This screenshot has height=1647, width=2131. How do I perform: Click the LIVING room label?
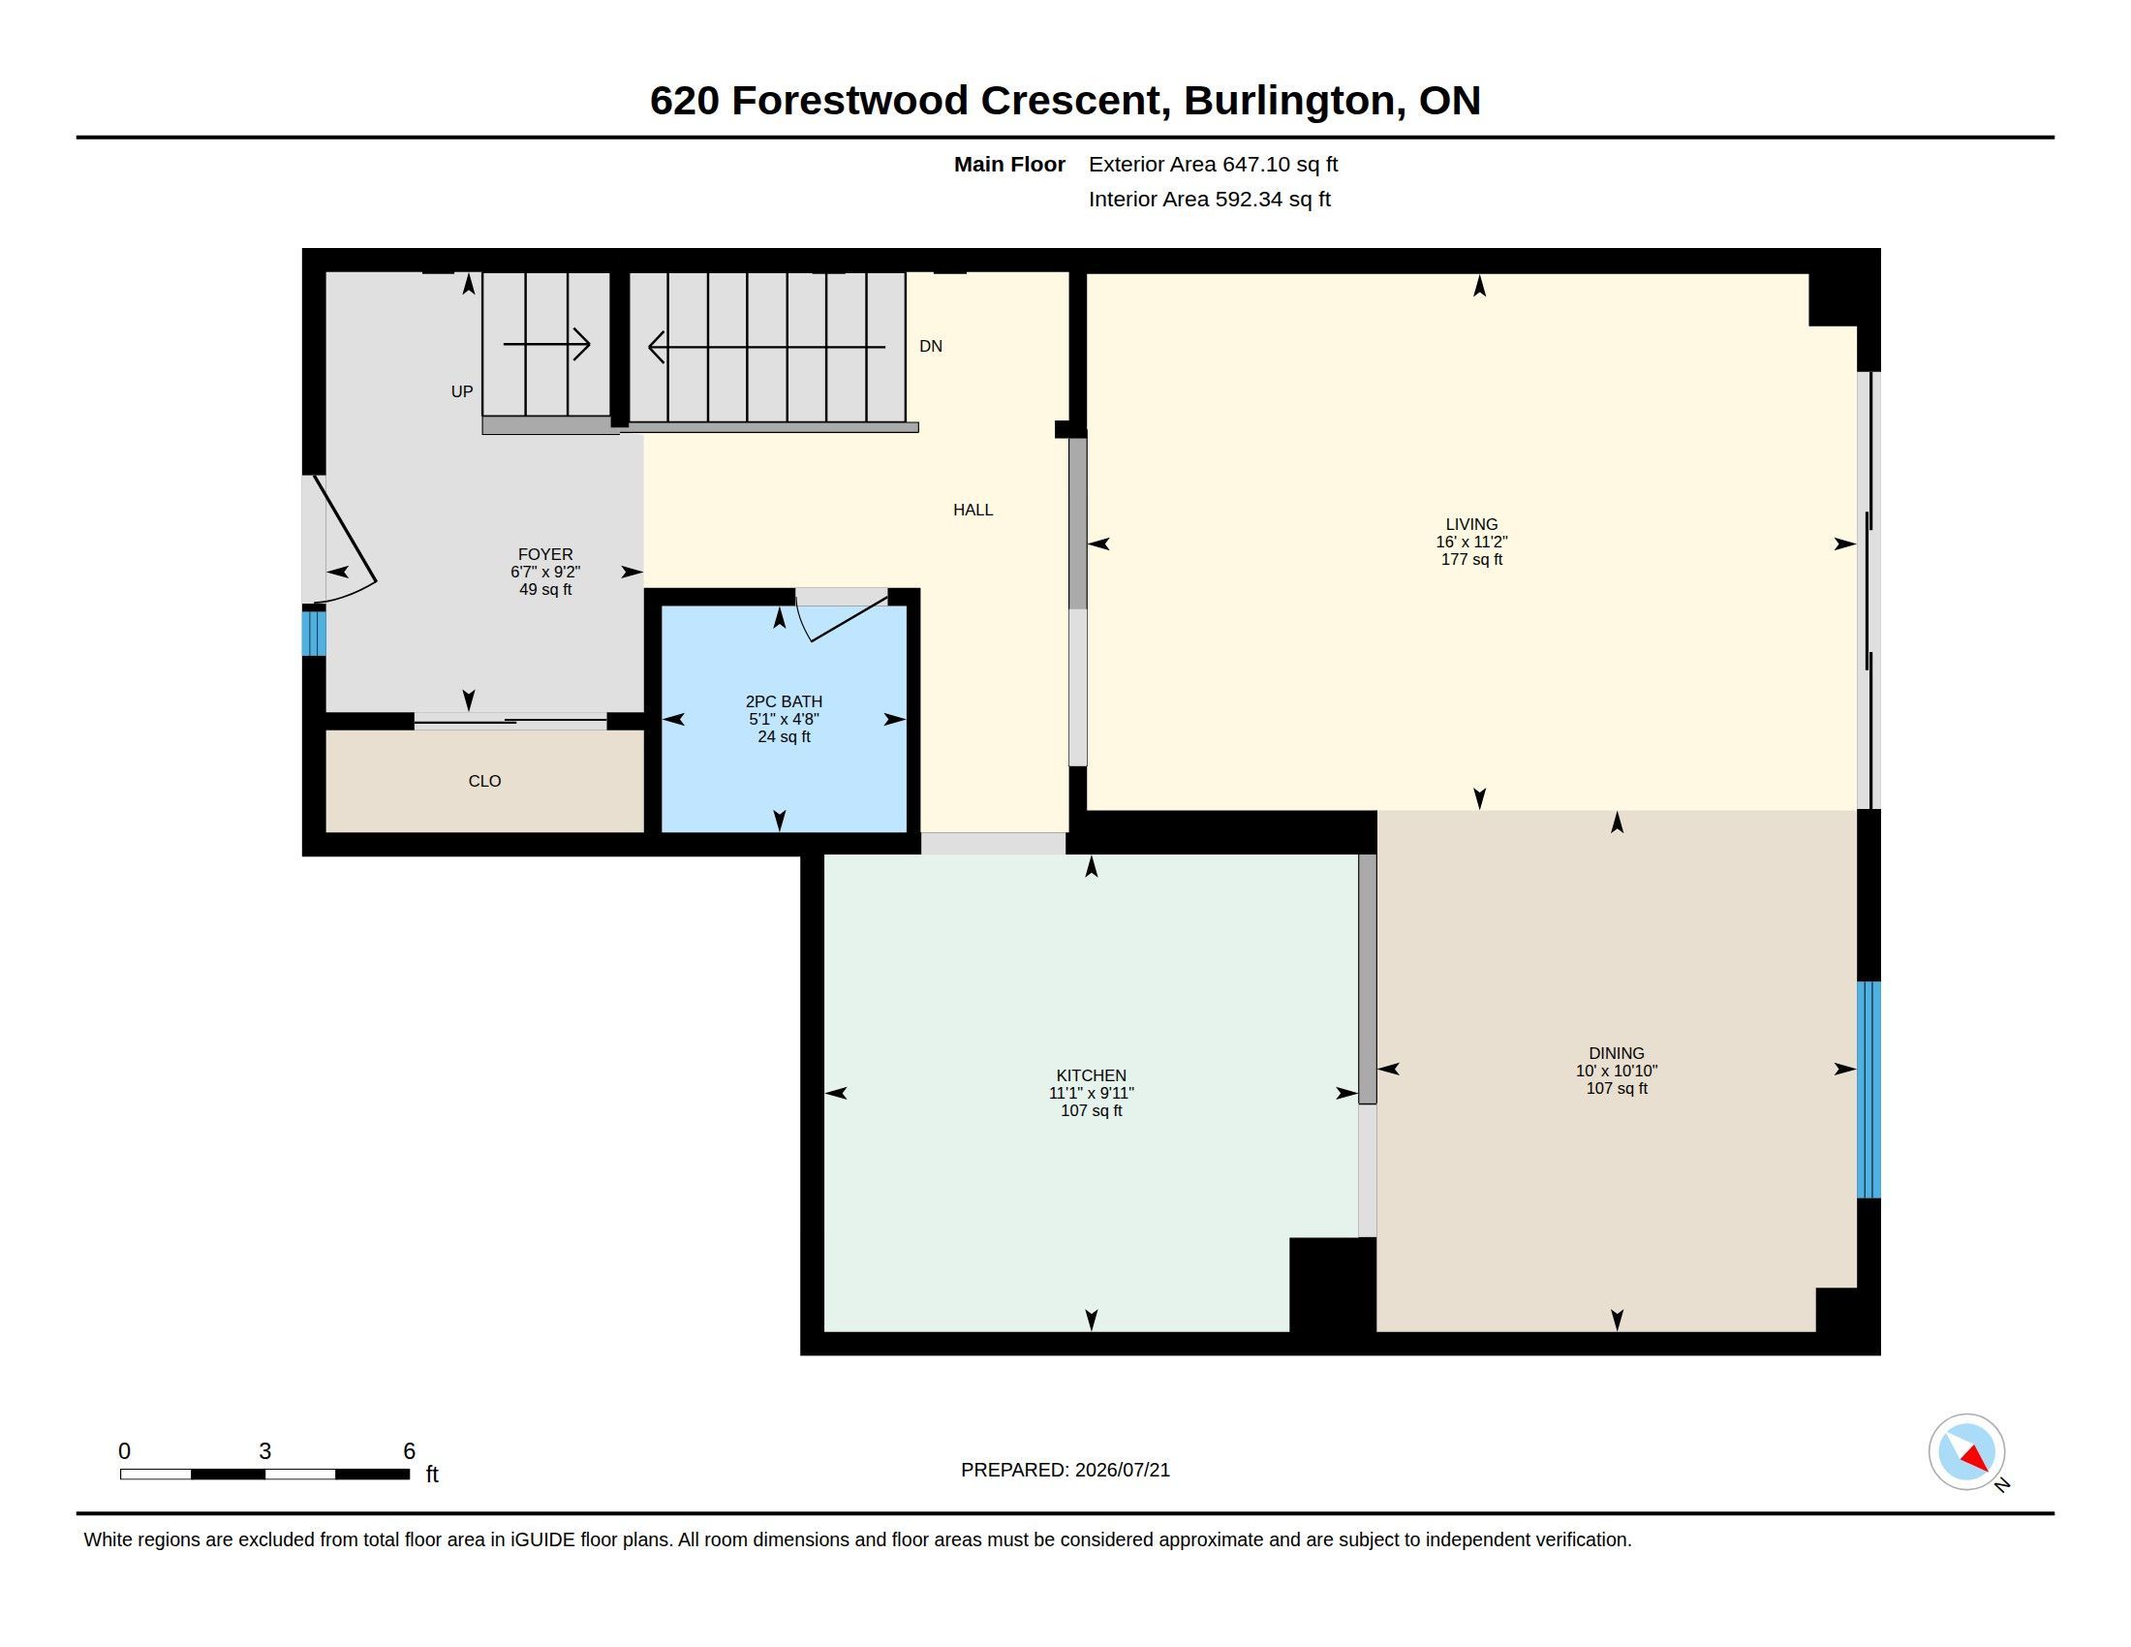coord(1471,524)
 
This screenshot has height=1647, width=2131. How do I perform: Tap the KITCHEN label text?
coord(1091,1075)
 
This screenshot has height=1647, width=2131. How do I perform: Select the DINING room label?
coord(1617,1053)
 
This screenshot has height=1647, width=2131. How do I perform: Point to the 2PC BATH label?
coord(784,701)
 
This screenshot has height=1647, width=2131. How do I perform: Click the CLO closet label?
coord(485,781)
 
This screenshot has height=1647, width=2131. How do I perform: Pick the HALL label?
coord(973,510)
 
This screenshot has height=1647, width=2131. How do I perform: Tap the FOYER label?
coord(545,554)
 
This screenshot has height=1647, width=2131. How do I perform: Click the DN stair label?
coord(931,347)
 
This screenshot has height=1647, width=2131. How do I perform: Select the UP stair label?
coord(461,391)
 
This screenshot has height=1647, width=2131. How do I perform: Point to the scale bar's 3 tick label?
coord(264,1451)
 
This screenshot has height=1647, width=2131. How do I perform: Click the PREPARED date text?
coord(1065,1470)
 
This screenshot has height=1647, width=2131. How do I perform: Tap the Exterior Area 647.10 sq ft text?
coord(1213,164)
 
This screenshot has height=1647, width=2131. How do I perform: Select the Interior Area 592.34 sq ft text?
coord(1209,199)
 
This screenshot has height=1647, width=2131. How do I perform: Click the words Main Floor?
coord(1009,164)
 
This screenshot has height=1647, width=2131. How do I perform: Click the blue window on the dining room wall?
coord(1868,1089)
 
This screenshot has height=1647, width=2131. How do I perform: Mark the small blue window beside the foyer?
coord(313,633)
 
